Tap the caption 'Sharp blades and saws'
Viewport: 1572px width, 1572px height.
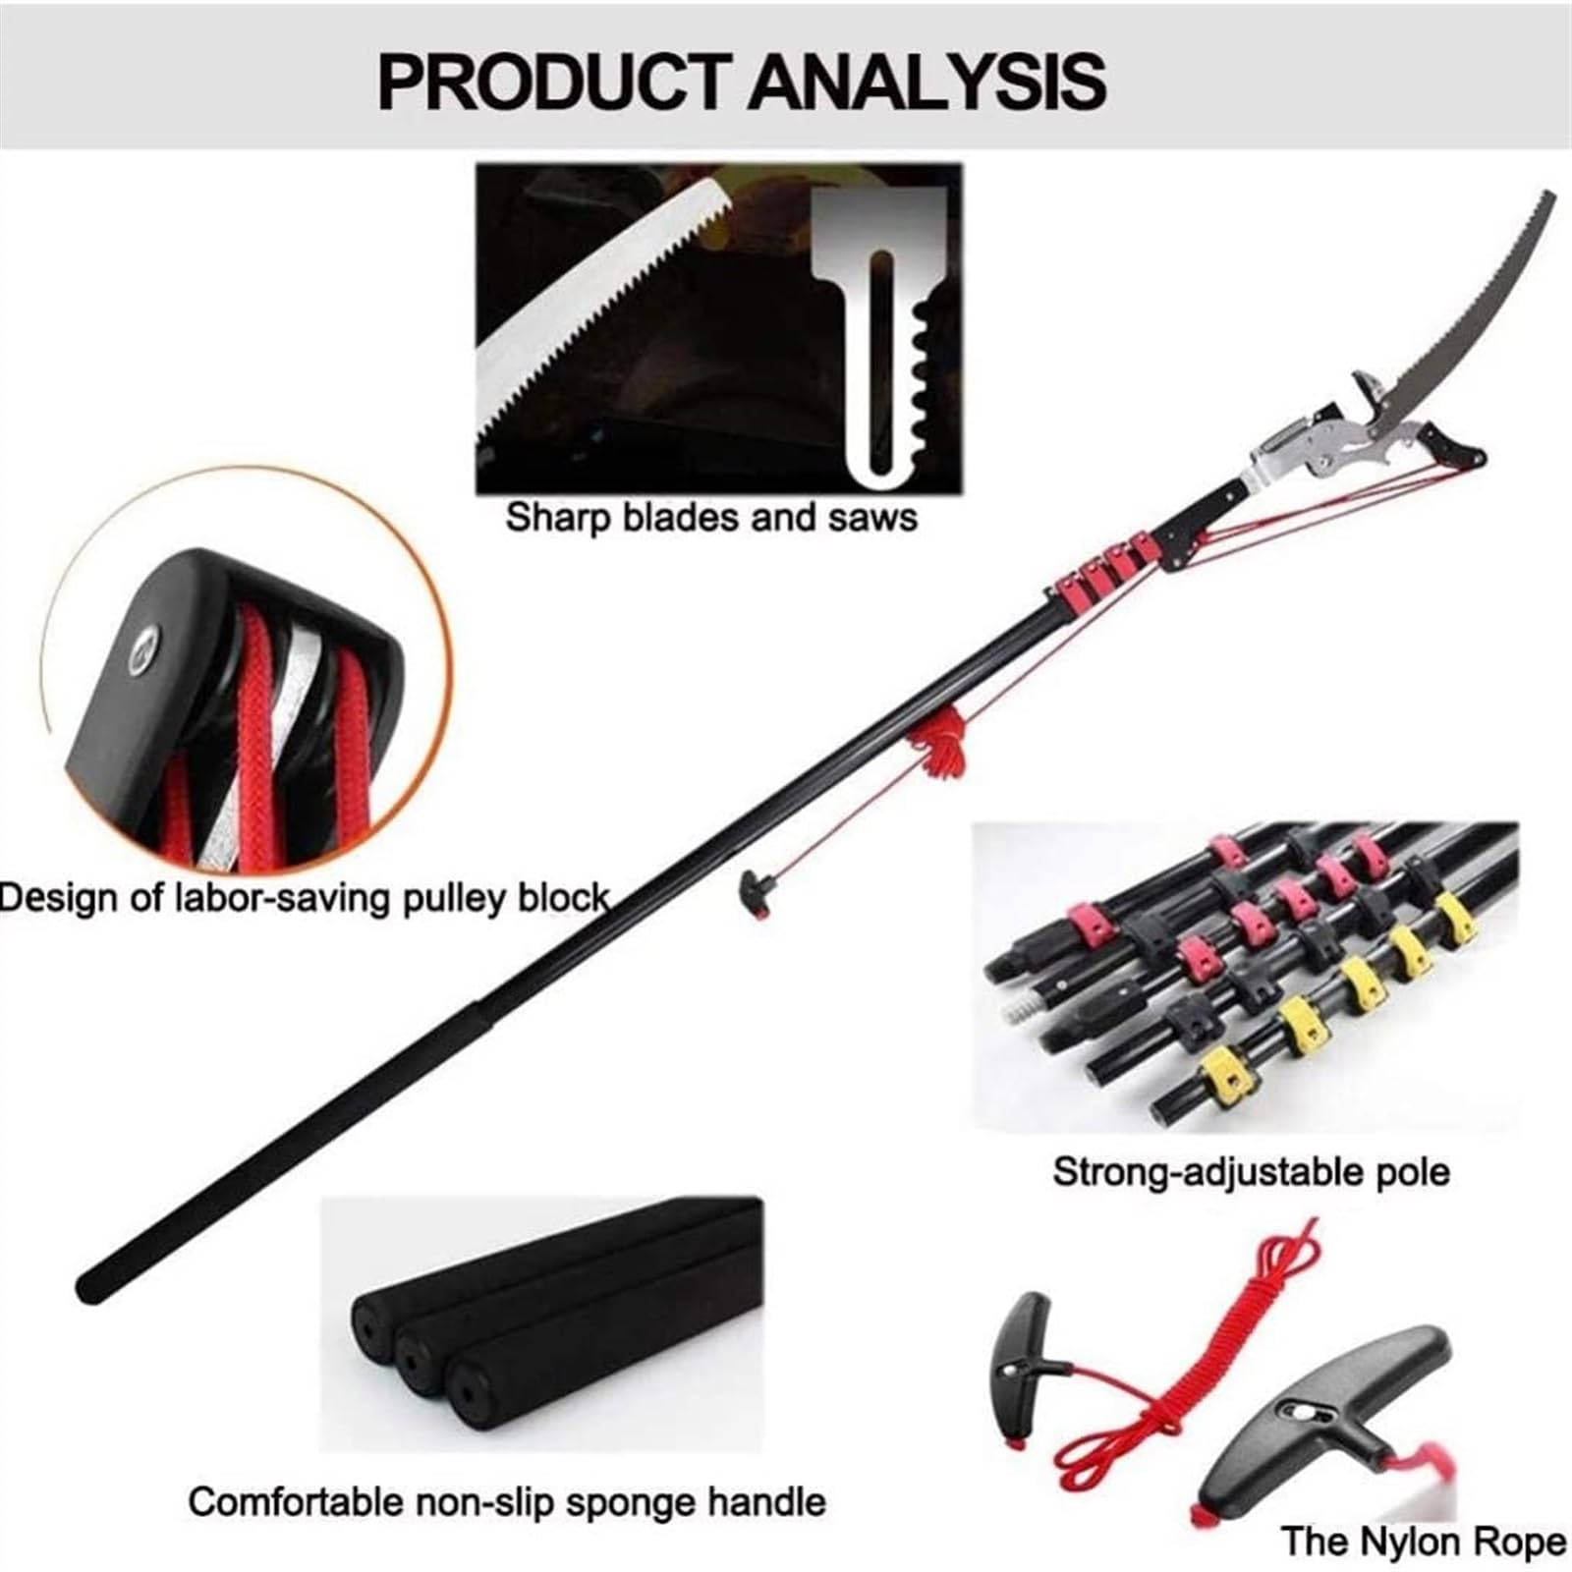click(711, 518)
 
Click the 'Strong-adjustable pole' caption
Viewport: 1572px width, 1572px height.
click(1251, 1172)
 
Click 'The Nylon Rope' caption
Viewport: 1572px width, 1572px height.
click(1424, 1541)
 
